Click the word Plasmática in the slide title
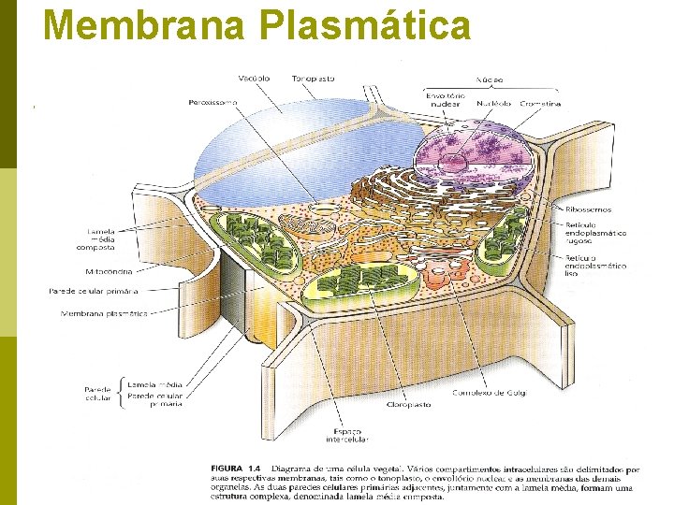coord(366,24)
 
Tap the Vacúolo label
coord(254,79)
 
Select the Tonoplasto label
coord(312,79)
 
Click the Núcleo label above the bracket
coord(491,79)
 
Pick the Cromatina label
coord(540,104)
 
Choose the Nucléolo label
coord(493,104)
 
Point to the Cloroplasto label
coord(408,405)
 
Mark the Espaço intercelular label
coord(346,434)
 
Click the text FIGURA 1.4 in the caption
coord(239,467)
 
